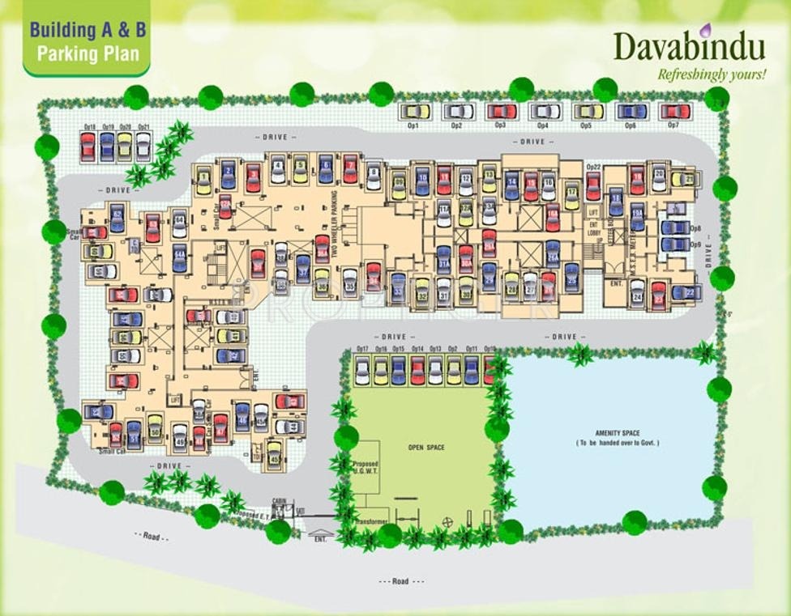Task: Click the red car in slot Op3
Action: [502, 111]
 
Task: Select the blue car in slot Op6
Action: [631, 111]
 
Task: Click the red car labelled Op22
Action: [593, 186]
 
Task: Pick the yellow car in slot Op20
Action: [124, 146]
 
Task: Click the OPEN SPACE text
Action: [425, 447]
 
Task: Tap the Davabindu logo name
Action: [689, 46]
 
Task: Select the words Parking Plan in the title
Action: [88, 55]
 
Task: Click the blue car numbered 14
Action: [511, 185]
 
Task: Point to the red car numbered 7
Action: [350, 168]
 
